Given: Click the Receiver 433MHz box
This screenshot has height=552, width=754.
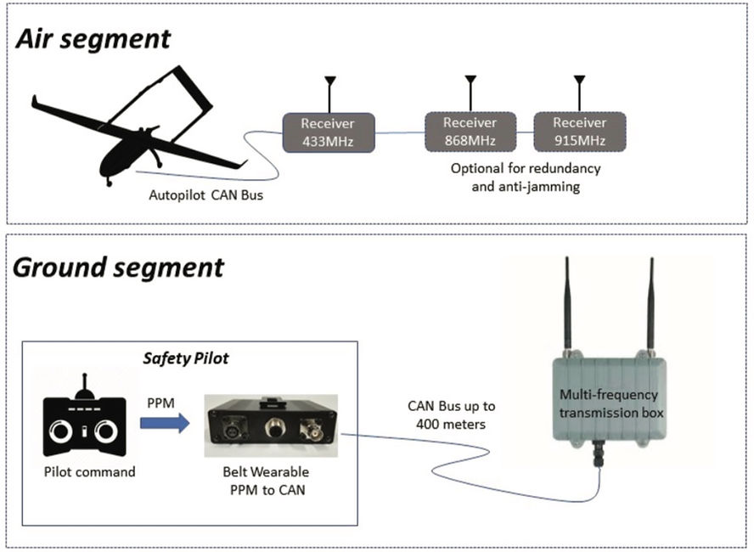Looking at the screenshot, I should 329,132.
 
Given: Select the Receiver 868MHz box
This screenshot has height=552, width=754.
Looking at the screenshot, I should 470,132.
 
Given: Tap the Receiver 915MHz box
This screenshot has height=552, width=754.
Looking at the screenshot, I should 579,132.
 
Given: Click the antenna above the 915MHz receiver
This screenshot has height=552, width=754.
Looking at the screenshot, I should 579,92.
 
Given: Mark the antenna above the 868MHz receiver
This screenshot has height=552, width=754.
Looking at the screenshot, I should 470,92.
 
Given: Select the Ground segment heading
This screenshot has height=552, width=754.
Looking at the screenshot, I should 118,268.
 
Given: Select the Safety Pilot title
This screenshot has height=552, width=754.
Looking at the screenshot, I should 186,358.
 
